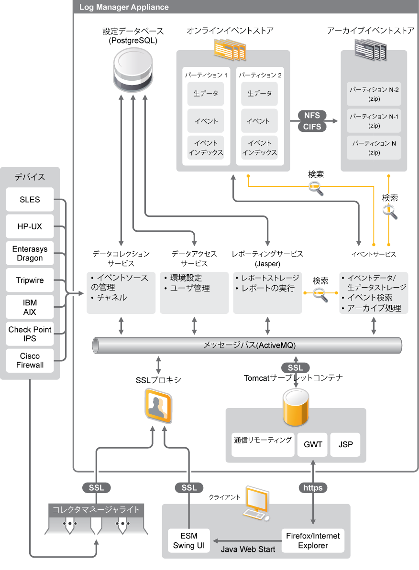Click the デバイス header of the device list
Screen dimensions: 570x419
click(30, 177)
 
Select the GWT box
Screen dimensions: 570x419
click(313, 444)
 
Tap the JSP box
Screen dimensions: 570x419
click(345, 444)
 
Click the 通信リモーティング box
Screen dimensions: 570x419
click(263, 440)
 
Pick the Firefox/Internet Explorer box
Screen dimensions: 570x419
click(313, 540)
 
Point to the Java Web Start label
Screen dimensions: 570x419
click(248, 549)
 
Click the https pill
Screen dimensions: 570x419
click(313, 488)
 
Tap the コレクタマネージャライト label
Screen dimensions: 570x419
click(96, 510)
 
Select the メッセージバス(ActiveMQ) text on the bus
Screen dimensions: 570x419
click(250, 345)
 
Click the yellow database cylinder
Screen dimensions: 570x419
click(295, 407)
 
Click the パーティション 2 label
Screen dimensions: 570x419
click(260, 75)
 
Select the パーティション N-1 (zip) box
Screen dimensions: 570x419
click(374, 121)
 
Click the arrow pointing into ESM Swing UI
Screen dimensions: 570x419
click(215, 541)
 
